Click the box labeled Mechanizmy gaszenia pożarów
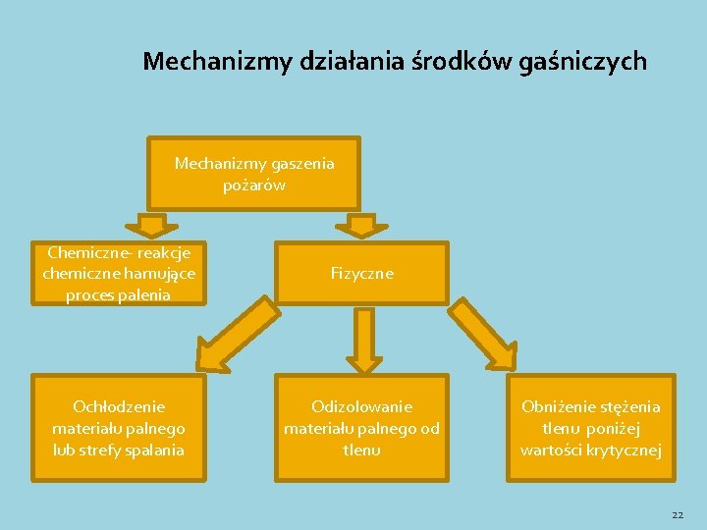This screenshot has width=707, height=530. [254, 173]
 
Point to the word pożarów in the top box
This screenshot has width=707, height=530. [254, 184]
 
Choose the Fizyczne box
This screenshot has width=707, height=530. [362, 274]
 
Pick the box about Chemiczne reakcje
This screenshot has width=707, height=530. [119, 274]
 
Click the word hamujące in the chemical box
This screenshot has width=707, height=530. [160, 274]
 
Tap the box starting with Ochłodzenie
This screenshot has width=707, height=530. [119, 428]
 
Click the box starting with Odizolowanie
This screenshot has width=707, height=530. [362, 428]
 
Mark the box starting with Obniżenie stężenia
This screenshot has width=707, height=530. [591, 428]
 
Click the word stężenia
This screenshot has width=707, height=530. [627, 406]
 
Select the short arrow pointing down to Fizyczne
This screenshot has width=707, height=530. [362, 225]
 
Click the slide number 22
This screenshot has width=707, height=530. [678, 514]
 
